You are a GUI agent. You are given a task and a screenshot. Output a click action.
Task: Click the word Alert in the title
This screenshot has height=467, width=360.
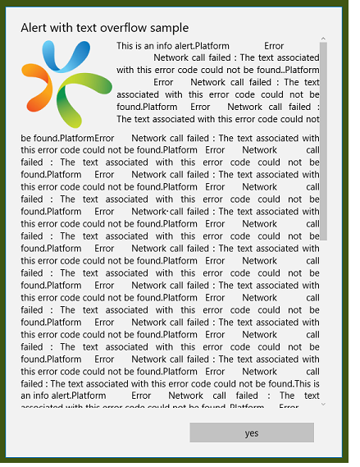(x=34, y=29)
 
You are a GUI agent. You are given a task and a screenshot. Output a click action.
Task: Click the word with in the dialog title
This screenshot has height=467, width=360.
(x=64, y=29)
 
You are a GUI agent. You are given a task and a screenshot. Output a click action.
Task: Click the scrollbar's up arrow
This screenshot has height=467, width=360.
(x=323, y=39)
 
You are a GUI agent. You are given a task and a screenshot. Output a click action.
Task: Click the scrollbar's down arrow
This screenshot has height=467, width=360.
(x=323, y=404)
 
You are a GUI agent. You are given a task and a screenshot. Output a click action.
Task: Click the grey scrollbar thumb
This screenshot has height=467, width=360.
(x=323, y=140)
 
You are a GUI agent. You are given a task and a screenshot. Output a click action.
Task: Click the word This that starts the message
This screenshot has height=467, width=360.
(x=125, y=46)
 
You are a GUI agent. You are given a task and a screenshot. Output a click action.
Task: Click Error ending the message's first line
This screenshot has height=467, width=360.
(x=274, y=46)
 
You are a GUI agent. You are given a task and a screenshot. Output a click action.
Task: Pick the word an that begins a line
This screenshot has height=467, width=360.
(x=26, y=396)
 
